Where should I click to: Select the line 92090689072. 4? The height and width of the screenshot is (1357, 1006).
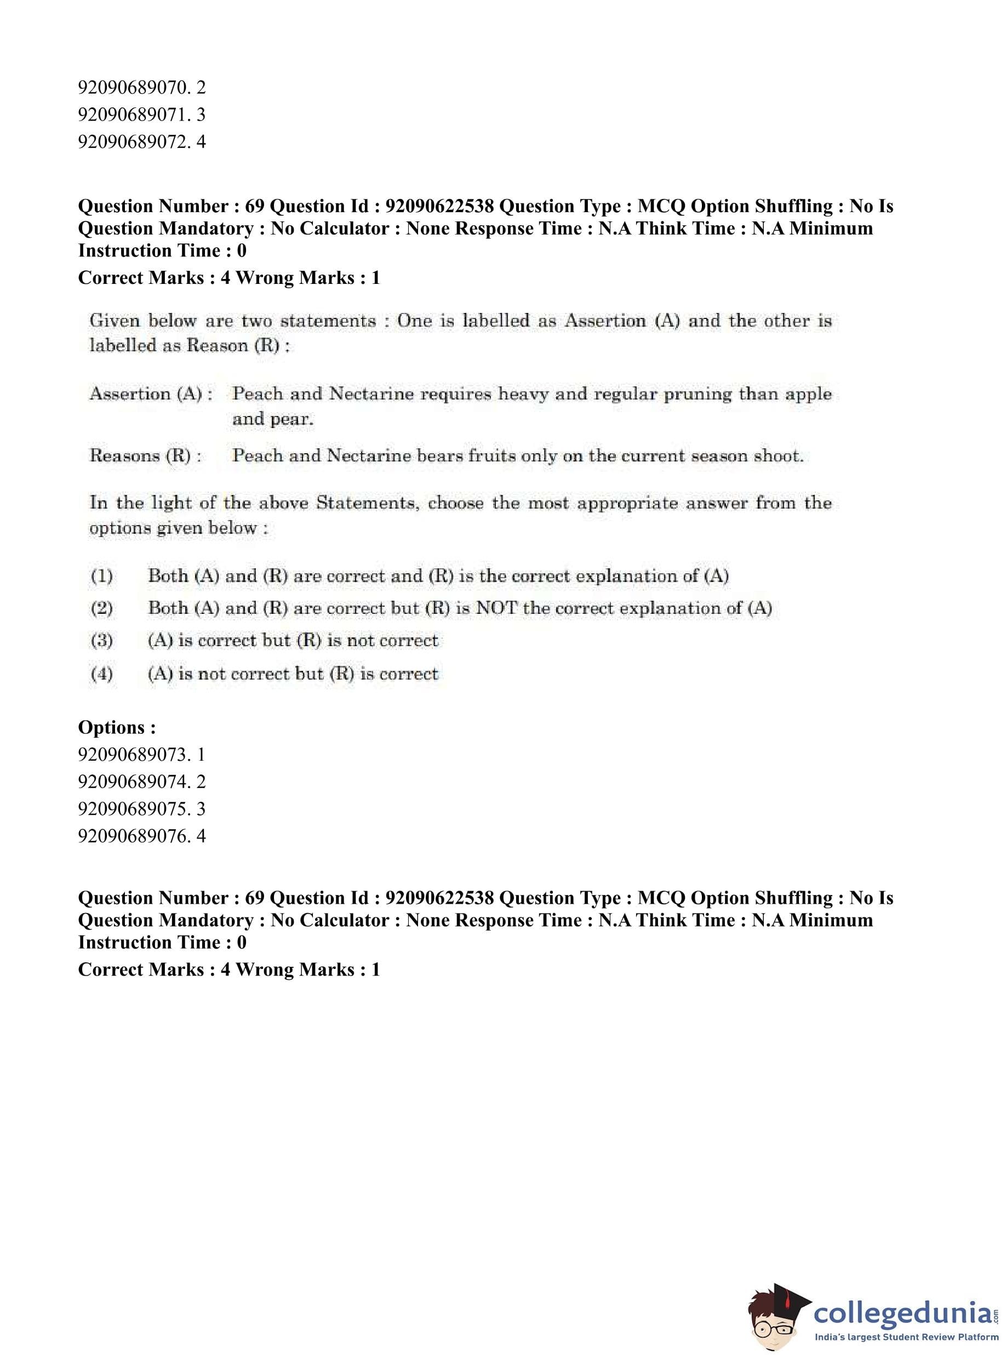[x=141, y=142]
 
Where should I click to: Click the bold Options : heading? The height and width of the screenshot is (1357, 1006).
[x=116, y=727]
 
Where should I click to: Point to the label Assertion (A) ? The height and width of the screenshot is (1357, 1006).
[x=151, y=394]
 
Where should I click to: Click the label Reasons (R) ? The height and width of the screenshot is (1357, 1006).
[x=145, y=455]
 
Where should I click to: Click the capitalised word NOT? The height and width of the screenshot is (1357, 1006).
[x=496, y=608]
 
